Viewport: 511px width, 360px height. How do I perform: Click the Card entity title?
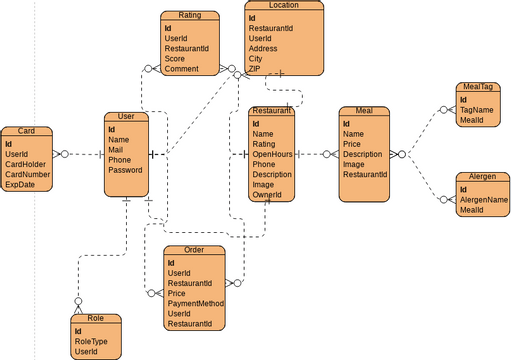point(27,131)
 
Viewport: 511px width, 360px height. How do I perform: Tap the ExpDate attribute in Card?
point(20,184)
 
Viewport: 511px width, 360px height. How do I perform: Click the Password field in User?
point(126,170)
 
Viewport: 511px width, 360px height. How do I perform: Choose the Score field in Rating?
point(175,58)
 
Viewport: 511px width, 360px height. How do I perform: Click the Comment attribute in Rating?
point(182,69)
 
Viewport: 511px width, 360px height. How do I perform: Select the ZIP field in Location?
point(255,69)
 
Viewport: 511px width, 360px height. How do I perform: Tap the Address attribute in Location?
point(264,48)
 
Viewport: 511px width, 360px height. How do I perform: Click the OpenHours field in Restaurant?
point(272,154)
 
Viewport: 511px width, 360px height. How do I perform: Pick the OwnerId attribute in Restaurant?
point(267,195)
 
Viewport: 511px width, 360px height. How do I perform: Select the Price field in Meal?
point(353,144)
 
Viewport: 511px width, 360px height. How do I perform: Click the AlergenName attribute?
point(484,199)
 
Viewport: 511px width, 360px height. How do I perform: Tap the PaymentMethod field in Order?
point(195,303)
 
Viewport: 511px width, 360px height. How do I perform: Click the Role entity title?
point(96,318)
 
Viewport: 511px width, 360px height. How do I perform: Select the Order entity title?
point(194,249)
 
